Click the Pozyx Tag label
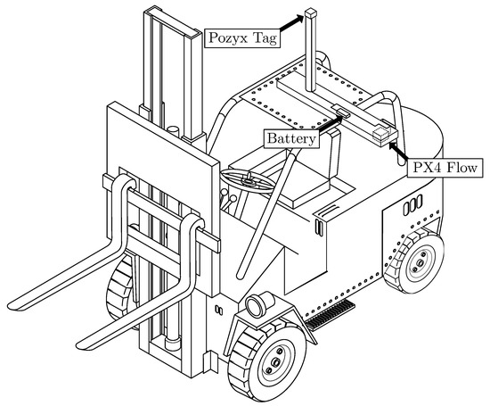tap(241, 39)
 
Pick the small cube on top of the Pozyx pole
tap(310, 13)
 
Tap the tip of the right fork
tap(86, 342)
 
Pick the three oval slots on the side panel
tap(412, 206)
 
